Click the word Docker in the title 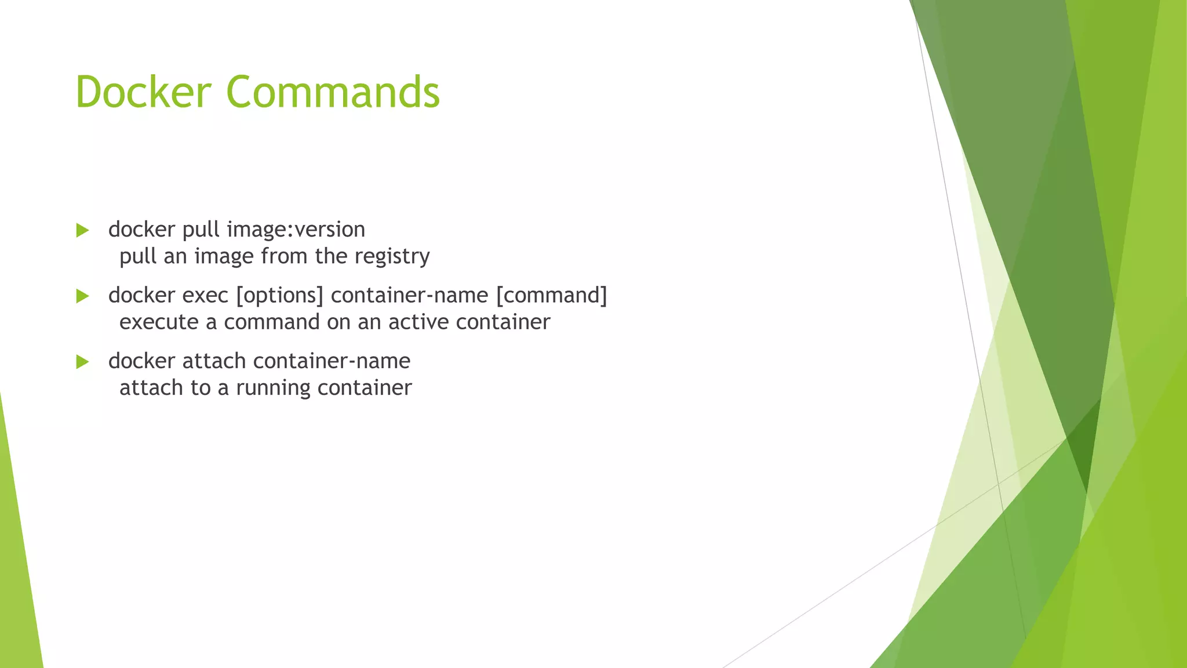coord(143,92)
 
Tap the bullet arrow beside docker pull coord(82,231)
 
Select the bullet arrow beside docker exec coord(82,296)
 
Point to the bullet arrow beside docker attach coord(82,362)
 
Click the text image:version coord(296,230)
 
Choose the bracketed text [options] coord(279,296)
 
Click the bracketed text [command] coord(551,296)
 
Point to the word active coord(418,322)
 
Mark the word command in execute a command coord(272,322)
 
